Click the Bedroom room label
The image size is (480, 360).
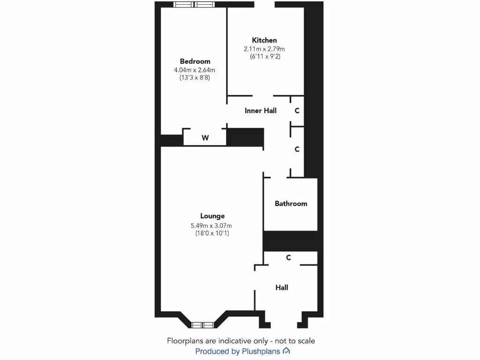coord(195,61)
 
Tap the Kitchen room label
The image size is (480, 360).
coord(264,40)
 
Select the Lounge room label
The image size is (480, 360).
coord(212,216)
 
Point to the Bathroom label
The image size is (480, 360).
coord(291,203)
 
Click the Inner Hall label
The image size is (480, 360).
coord(261,111)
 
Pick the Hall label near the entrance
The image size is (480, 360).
coord(282,287)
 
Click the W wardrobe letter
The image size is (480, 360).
coord(205,138)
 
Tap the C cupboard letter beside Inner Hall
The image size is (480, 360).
coord(297,111)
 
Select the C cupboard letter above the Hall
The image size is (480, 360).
coord(289,257)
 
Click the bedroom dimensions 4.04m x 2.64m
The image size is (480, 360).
coord(195,70)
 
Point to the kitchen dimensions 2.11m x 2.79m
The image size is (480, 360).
coord(264,49)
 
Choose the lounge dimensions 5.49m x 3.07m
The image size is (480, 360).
coord(212,225)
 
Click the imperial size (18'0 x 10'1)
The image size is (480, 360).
coord(212,233)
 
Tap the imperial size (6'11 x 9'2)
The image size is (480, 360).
coord(264,57)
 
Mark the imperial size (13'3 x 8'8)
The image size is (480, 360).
coord(195,78)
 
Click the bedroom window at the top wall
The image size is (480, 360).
coord(194,5)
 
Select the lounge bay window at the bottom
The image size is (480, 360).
coord(203,324)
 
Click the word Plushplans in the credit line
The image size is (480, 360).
coord(261,351)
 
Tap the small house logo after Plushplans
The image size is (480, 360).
coord(286,351)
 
